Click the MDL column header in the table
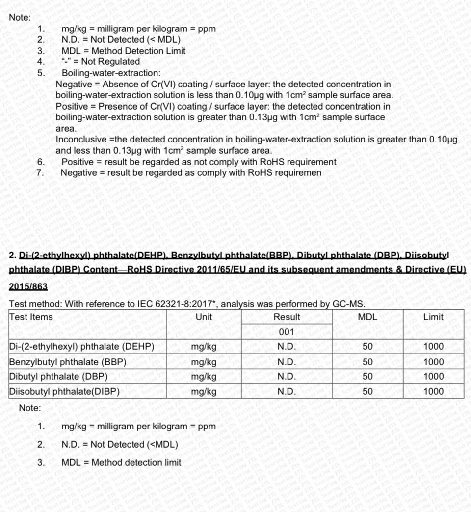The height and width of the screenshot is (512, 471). point(367,317)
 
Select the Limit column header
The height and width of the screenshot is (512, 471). point(433,317)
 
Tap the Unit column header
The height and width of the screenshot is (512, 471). point(204,317)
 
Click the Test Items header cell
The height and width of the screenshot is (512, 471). point(31,317)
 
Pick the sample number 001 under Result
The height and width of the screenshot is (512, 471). point(287,332)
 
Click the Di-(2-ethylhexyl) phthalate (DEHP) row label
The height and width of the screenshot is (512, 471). point(81,347)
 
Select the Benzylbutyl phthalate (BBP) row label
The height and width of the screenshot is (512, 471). point(68,362)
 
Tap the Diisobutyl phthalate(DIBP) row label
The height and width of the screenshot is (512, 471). point(64,392)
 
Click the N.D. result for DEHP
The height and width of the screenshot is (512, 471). point(287,347)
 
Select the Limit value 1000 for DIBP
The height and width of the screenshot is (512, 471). point(433,392)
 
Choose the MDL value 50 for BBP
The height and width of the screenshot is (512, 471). point(367,362)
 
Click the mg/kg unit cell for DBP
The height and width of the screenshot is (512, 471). point(204,377)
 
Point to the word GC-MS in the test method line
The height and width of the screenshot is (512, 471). point(347,304)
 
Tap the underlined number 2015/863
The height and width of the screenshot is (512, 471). point(28,286)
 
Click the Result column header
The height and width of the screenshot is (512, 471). point(287,317)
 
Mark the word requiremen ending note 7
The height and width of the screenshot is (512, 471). point(298,173)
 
